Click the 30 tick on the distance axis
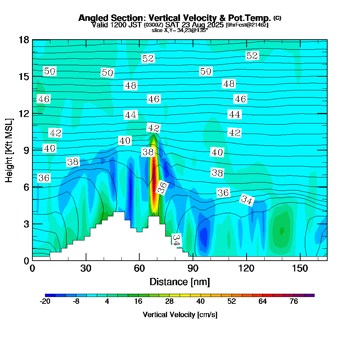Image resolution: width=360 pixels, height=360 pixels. coord(86,260)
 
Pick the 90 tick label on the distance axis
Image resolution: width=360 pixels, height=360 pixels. coord(193,269)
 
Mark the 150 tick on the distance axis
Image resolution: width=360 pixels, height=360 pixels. coord(300,260)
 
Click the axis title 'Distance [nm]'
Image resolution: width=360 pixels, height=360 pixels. coord(180,282)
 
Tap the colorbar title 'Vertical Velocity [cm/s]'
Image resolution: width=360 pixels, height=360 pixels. coord(180,315)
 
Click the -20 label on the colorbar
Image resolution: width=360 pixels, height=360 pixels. coord(45,302)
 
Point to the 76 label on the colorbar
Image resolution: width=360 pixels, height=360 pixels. coord(294,302)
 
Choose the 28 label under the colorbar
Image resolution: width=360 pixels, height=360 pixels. coord(169,302)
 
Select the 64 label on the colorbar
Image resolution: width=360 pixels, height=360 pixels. coord(263,302)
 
